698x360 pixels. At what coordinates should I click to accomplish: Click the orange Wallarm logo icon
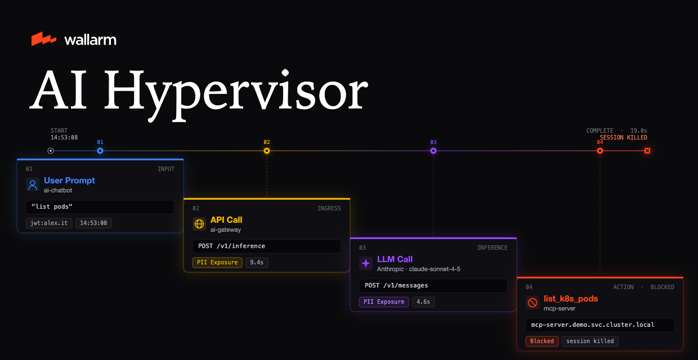click(x=44, y=39)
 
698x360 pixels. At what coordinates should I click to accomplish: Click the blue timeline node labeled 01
click(x=100, y=151)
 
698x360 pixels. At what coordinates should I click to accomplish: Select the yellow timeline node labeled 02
click(x=267, y=151)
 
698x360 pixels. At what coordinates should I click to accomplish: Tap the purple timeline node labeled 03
click(x=433, y=151)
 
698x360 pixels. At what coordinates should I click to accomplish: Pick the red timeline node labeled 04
click(x=600, y=151)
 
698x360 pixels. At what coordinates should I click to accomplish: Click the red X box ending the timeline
click(x=647, y=151)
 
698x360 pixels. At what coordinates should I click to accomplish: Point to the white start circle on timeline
click(x=51, y=151)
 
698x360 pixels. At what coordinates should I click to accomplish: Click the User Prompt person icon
click(x=33, y=184)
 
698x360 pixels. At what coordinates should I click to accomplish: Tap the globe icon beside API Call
click(x=199, y=224)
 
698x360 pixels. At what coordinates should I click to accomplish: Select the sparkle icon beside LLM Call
click(x=366, y=263)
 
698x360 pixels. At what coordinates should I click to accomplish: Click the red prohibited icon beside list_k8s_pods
click(x=533, y=303)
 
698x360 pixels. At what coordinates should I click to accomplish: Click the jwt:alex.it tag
click(x=49, y=223)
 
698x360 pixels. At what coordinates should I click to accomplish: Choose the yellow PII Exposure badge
click(x=217, y=263)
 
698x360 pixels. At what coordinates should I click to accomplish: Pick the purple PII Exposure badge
click(x=384, y=301)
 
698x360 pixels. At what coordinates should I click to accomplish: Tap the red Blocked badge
click(x=542, y=341)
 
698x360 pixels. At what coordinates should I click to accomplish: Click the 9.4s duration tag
click(x=257, y=263)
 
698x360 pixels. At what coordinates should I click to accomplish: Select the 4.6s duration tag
click(x=423, y=301)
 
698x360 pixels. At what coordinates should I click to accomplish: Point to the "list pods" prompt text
click(x=52, y=206)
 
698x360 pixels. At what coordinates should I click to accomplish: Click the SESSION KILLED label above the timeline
click(x=624, y=137)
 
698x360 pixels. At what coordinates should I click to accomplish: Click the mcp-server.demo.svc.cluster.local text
click(x=593, y=325)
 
